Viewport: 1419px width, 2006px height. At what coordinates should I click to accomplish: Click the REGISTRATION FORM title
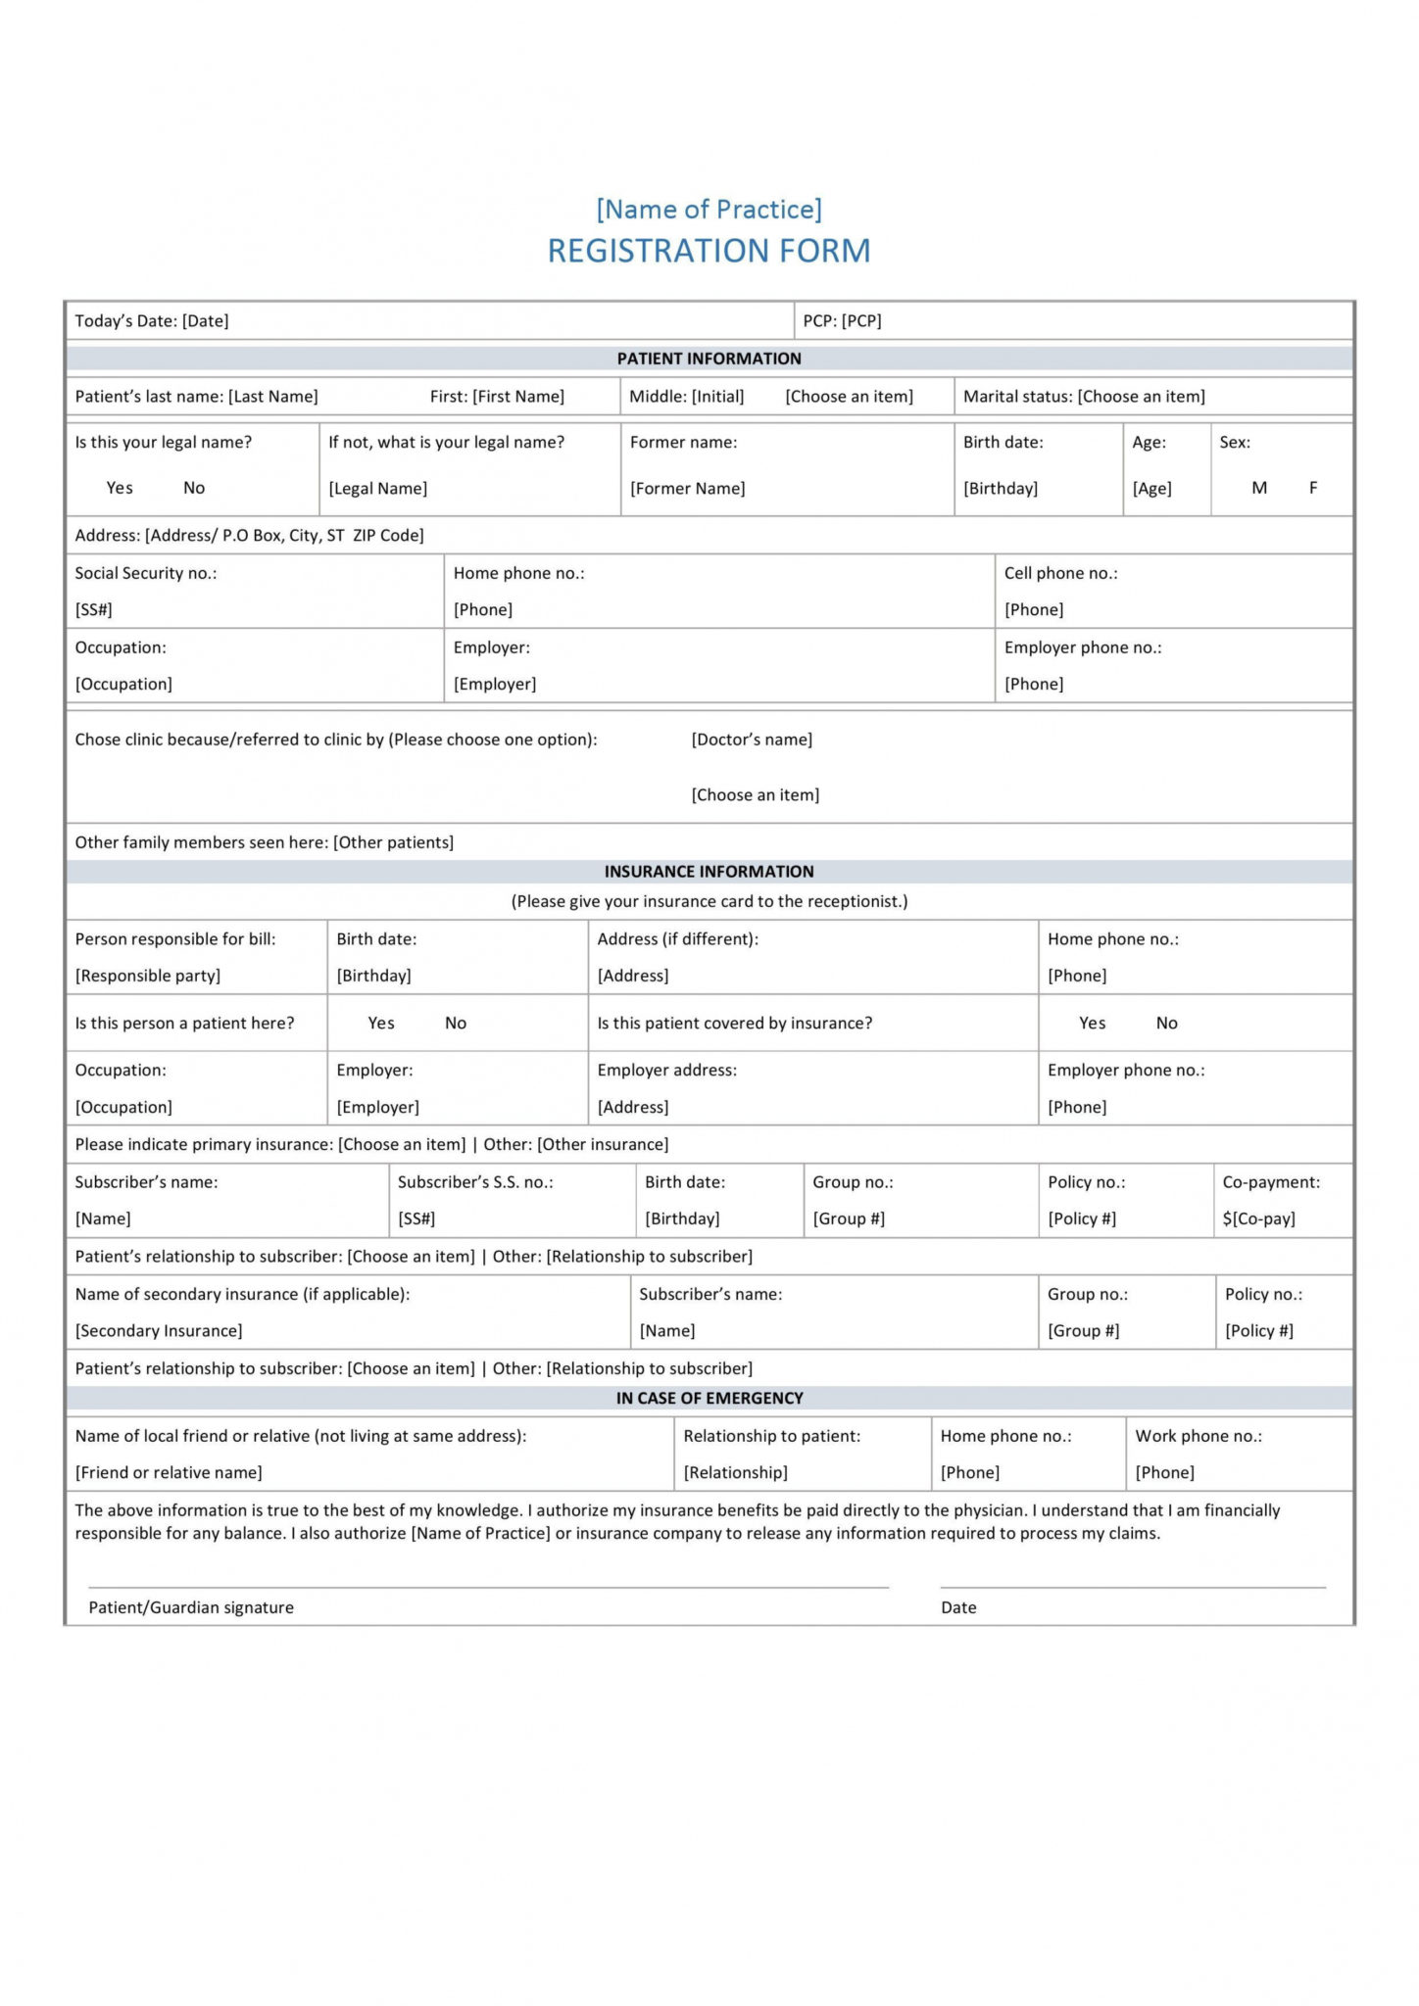tap(709, 251)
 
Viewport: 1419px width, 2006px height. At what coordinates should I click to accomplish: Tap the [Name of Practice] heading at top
tap(709, 209)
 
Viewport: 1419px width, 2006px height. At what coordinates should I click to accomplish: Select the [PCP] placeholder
tap(861, 320)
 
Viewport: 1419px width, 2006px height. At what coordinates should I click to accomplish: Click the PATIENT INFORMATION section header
tap(709, 358)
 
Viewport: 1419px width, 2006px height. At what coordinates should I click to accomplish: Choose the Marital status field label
tap(1017, 397)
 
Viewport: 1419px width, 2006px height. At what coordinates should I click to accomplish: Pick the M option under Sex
tap(1259, 488)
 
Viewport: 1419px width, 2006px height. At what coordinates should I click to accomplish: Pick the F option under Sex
tap(1313, 488)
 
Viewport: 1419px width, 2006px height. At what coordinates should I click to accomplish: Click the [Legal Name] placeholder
tap(377, 489)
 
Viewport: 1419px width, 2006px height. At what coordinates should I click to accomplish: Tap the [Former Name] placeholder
tap(687, 489)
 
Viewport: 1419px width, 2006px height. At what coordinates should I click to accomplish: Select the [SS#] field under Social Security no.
tap(93, 609)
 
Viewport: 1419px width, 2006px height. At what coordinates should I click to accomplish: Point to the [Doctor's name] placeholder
tap(752, 740)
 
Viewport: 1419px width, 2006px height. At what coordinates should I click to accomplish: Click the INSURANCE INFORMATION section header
tap(709, 871)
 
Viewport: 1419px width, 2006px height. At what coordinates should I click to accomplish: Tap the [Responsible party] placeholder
tap(147, 976)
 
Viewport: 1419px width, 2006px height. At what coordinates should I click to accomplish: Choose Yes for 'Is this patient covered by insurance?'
tap(1092, 1023)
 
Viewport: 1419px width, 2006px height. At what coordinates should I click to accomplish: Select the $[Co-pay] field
tap(1258, 1218)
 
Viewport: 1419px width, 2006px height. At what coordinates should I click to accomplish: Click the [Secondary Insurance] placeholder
tap(159, 1330)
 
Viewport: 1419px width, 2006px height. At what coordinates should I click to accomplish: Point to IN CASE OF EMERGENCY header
tap(709, 1398)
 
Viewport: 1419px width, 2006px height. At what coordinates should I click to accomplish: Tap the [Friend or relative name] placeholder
tap(169, 1472)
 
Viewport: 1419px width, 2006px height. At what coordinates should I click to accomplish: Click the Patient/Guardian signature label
tap(191, 1607)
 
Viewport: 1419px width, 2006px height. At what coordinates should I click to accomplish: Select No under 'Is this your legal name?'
tap(194, 488)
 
